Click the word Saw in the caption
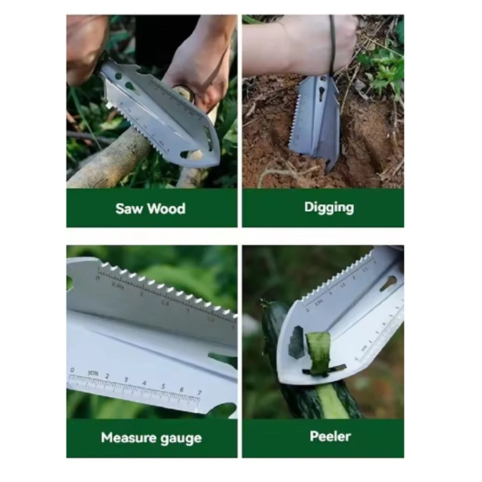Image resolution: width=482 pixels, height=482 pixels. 130,209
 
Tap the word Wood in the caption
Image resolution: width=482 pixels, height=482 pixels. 166,209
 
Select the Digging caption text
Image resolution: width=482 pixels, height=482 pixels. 329,207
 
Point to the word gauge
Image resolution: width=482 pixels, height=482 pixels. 183,439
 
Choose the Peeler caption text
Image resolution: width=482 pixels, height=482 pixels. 330,436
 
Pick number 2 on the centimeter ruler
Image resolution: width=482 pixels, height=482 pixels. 107,376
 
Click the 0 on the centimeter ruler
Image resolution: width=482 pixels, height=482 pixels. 72,370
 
